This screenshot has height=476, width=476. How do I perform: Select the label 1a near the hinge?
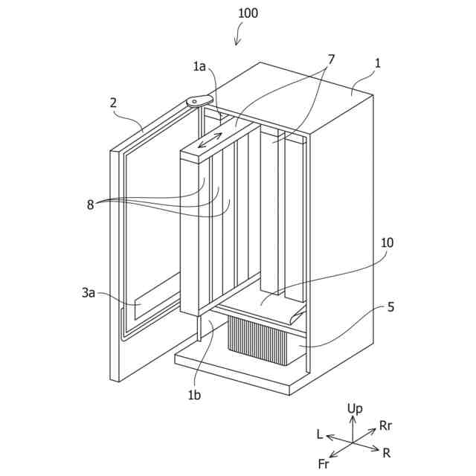click(x=199, y=68)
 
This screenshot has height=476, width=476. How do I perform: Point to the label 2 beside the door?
click(x=114, y=103)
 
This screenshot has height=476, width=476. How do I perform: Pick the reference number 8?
click(x=91, y=205)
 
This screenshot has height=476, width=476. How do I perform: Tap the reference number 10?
click(x=387, y=243)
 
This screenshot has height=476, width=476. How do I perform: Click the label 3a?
click(x=89, y=295)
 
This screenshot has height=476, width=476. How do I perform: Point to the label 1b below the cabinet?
click(x=194, y=395)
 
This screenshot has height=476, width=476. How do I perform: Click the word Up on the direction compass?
click(x=355, y=408)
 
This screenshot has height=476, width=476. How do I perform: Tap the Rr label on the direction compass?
click(x=385, y=425)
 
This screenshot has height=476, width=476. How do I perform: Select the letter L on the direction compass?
click(x=319, y=434)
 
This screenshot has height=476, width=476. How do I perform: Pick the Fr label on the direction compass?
click(x=324, y=463)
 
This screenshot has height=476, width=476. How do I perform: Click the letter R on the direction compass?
click(x=386, y=451)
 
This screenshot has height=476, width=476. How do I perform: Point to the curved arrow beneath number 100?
click(x=238, y=33)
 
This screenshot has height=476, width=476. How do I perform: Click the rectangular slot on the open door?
click(x=155, y=291)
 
